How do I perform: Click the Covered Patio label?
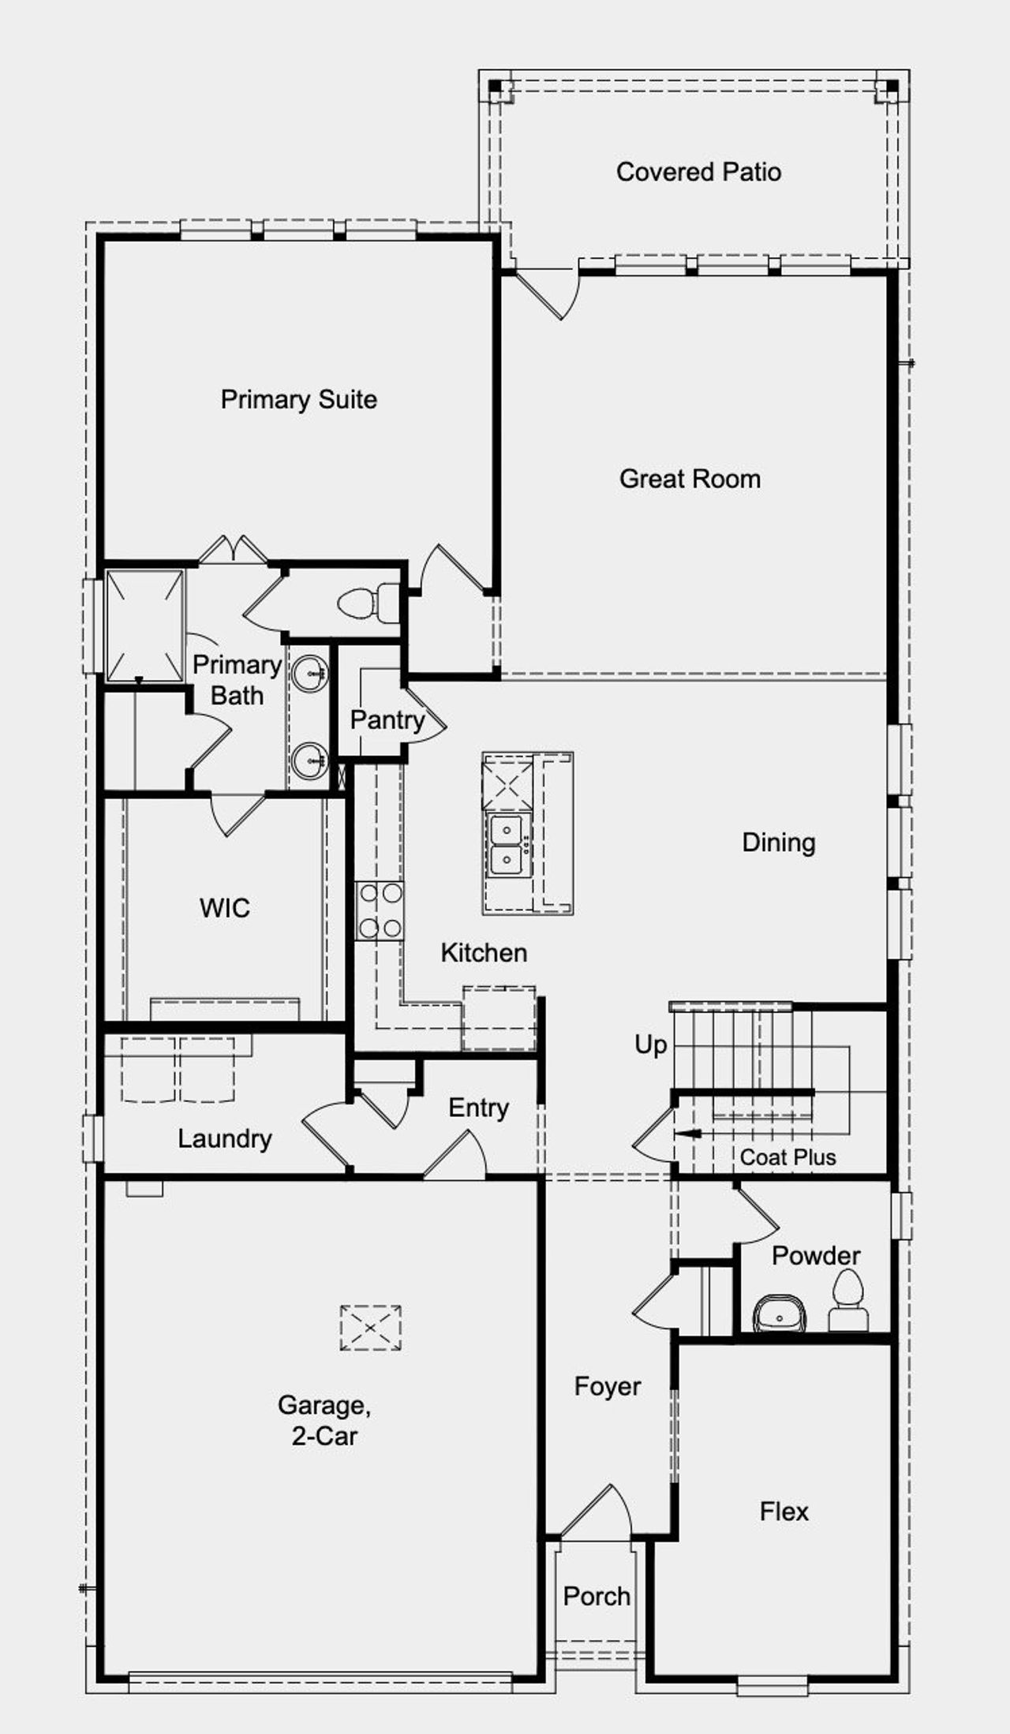click(698, 172)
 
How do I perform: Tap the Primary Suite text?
click(298, 399)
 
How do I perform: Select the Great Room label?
click(690, 479)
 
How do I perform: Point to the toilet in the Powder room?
click(848, 1305)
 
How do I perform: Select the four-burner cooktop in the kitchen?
click(380, 911)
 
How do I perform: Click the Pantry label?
click(387, 719)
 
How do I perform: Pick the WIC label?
click(225, 908)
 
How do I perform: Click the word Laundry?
click(224, 1138)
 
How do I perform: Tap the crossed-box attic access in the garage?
click(370, 1328)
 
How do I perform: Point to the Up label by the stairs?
click(650, 1045)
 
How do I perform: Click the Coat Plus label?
click(787, 1157)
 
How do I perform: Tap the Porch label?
click(597, 1596)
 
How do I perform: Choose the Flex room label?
click(784, 1512)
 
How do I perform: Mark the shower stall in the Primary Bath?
click(145, 624)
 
